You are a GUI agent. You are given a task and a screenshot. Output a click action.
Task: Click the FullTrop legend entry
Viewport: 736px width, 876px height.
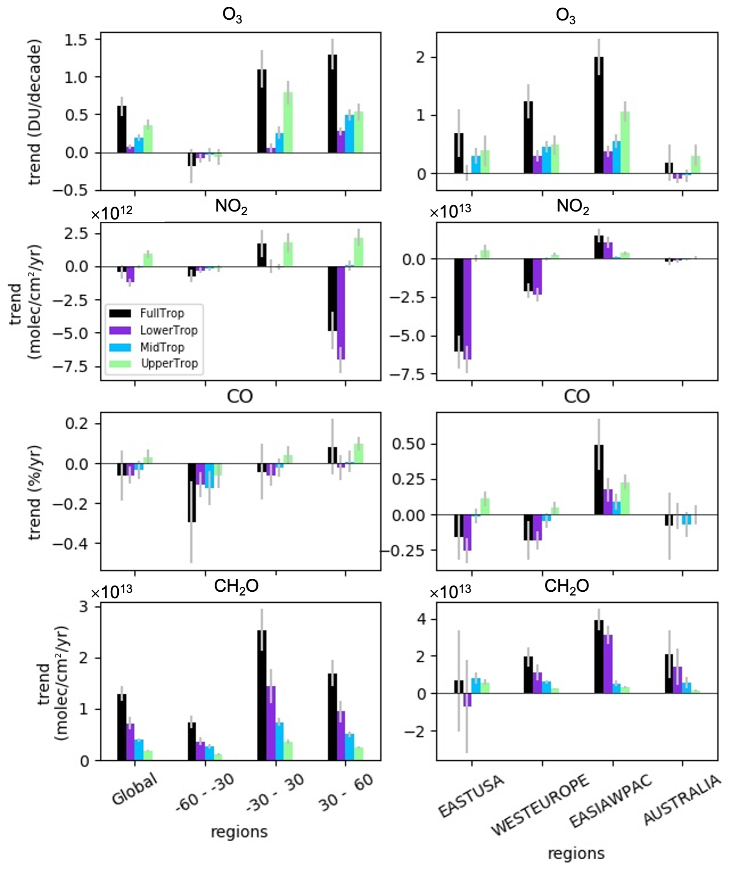[x=162, y=313]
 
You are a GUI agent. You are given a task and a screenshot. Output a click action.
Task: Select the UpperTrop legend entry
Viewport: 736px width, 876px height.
[x=169, y=364]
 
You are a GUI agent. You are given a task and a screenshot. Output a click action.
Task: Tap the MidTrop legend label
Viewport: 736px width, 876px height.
[x=162, y=347]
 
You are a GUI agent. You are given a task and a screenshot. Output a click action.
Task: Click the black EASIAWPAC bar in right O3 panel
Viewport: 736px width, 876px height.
[x=599, y=115]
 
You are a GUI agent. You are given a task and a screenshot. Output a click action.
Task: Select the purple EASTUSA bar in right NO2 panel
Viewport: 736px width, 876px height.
[x=467, y=309]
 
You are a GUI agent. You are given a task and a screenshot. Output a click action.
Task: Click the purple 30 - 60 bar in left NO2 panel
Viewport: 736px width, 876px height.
[x=341, y=312]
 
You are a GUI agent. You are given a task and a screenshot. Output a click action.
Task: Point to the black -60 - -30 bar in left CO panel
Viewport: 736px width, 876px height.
[x=192, y=493]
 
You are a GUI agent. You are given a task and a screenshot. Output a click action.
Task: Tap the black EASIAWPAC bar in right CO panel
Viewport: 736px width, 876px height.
[x=599, y=480]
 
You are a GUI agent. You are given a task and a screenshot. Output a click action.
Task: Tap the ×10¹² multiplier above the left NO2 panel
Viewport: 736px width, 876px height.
[x=112, y=213]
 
